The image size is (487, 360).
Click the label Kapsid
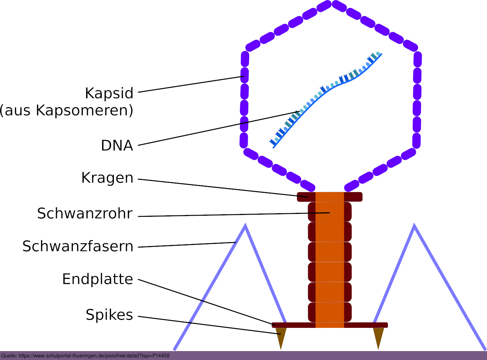coord(109,93)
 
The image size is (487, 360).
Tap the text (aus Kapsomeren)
coord(66,110)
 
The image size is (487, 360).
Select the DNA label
coord(117,146)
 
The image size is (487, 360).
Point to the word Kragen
coord(107,178)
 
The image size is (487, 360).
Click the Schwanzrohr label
coord(85,214)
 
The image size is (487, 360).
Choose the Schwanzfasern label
coord(78,246)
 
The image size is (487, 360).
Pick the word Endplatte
coord(97,279)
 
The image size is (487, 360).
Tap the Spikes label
coord(109,315)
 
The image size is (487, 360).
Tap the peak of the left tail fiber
coord(245,226)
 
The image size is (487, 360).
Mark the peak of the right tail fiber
coord(414,226)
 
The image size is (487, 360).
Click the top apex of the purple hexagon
coord(333,4)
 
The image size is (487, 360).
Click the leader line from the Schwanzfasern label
coord(186,245)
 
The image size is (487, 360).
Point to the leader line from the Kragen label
coord(221,188)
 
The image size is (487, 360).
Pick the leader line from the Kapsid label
coord(189,84)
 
